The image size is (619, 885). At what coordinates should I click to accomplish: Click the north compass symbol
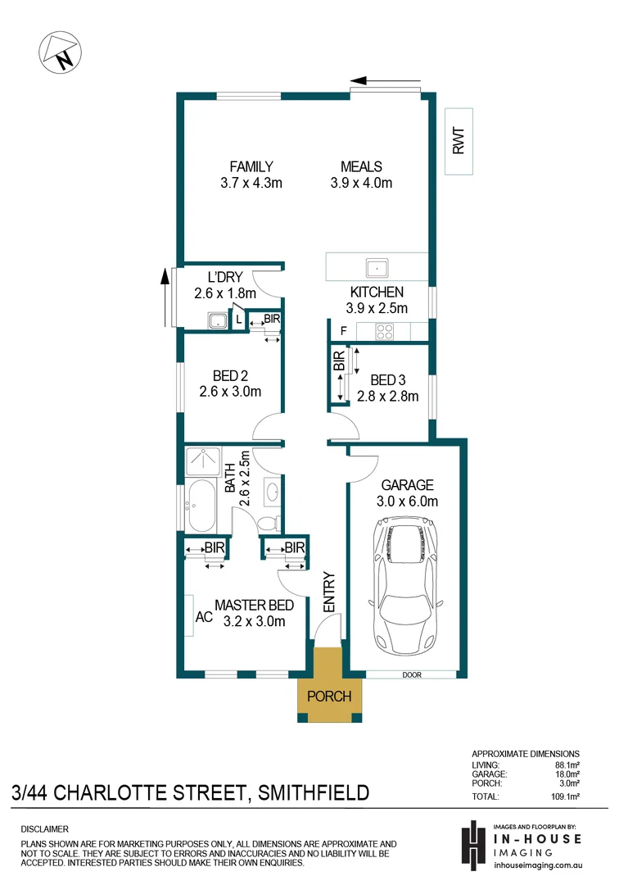(x=60, y=52)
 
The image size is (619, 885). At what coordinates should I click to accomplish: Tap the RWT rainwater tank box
(x=459, y=141)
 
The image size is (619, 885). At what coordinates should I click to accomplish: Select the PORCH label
(x=329, y=697)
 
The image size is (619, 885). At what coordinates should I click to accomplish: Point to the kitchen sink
(x=377, y=267)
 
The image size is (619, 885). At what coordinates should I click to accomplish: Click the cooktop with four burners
(x=385, y=332)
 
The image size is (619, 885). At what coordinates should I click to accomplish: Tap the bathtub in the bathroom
(x=201, y=506)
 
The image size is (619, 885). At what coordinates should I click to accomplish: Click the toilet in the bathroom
(x=269, y=523)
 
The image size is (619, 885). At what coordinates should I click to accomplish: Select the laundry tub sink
(x=217, y=320)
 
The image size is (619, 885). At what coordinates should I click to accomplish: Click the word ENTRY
(x=329, y=592)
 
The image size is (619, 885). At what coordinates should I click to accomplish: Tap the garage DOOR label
(x=412, y=675)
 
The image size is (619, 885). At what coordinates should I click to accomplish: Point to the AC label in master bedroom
(x=204, y=617)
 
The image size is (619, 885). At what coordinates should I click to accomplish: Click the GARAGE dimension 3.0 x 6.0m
(x=407, y=501)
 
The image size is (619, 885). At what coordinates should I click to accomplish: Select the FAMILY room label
(x=251, y=166)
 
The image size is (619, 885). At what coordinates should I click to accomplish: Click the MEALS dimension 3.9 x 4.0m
(x=361, y=183)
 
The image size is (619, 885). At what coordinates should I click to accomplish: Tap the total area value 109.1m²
(x=566, y=797)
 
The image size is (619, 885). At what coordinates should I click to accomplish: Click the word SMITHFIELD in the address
(x=314, y=793)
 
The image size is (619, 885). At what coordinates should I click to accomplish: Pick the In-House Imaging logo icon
(x=473, y=844)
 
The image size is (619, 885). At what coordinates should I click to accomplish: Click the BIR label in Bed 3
(x=339, y=361)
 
